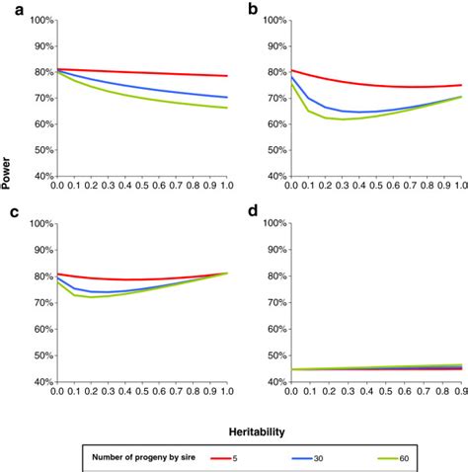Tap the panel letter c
click(x=8, y=212)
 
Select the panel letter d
click(x=254, y=212)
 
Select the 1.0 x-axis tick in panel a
click(x=228, y=188)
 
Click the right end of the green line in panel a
click(x=228, y=108)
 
